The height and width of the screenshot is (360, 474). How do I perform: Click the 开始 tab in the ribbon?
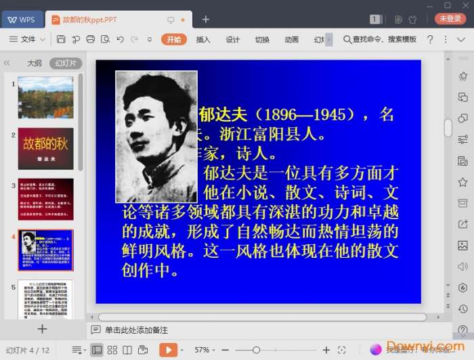pos(173,39)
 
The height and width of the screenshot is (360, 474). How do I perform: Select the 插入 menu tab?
pos(203,39)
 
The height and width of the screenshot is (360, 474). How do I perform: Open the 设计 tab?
pos(233,39)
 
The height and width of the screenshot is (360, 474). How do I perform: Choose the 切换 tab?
pos(262,39)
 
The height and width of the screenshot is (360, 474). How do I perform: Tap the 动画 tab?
pos(292,39)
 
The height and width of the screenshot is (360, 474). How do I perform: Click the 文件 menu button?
pos(24,39)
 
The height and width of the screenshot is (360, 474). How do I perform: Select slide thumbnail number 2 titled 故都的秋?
pos(45,148)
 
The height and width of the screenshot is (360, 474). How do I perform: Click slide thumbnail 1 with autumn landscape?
pos(45,97)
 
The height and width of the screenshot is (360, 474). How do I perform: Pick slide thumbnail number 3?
pos(45,199)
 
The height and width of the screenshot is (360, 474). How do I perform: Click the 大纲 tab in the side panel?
pos(35,63)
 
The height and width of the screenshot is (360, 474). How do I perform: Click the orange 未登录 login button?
pos(450,19)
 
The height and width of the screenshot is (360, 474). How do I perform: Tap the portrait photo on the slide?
pos(156,136)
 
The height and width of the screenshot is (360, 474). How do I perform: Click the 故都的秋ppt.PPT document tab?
pos(89,20)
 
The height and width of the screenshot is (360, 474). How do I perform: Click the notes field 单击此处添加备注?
pos(136,330)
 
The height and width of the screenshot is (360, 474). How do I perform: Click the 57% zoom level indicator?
pos(202,350)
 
